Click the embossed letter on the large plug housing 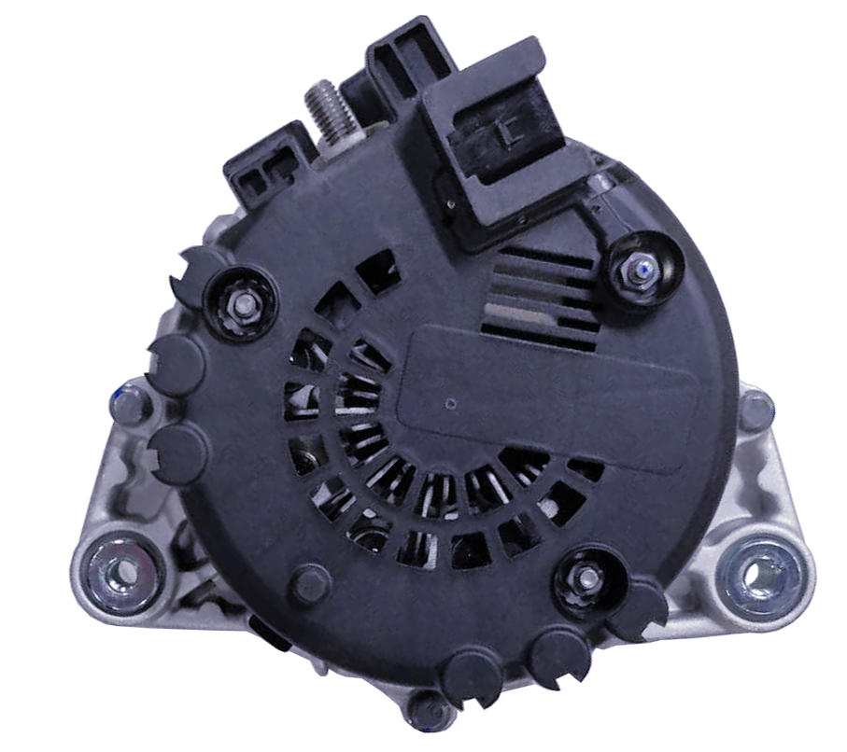pos(508,132)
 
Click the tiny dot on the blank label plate pos(451,405)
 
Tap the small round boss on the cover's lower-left pos(309,584)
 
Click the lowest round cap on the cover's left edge pos(178,453)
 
